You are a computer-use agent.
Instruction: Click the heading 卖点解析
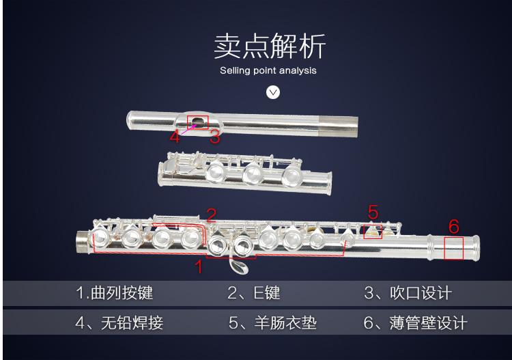pos(270,46)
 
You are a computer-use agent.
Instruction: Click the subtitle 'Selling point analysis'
pos(268,70)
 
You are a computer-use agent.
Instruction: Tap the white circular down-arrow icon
pos(273,92)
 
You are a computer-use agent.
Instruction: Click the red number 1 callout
pos(199,266)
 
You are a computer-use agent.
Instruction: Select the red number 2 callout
pos(212,215)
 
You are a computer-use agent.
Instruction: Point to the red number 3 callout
pos(215,137)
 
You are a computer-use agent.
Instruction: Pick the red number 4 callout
pos(175,136)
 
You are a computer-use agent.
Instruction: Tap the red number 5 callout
pos(373,212)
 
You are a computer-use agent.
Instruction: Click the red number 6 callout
pos(454,226)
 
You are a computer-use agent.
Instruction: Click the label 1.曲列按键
pos(114,292)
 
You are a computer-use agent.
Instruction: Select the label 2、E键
pos(254,292)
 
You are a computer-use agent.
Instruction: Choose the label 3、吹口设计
pos(408,293)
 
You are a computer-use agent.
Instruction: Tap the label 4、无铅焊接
pos(119,323)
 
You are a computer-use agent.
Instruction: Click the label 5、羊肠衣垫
pos(272,323)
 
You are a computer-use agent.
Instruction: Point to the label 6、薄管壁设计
pos(415,323)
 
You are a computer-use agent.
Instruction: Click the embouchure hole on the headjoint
pos(198,122)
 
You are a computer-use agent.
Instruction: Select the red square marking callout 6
pos(453,249)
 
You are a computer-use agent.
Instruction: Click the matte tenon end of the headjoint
pos(339,126)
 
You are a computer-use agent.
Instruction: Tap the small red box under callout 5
pos(373,232)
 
